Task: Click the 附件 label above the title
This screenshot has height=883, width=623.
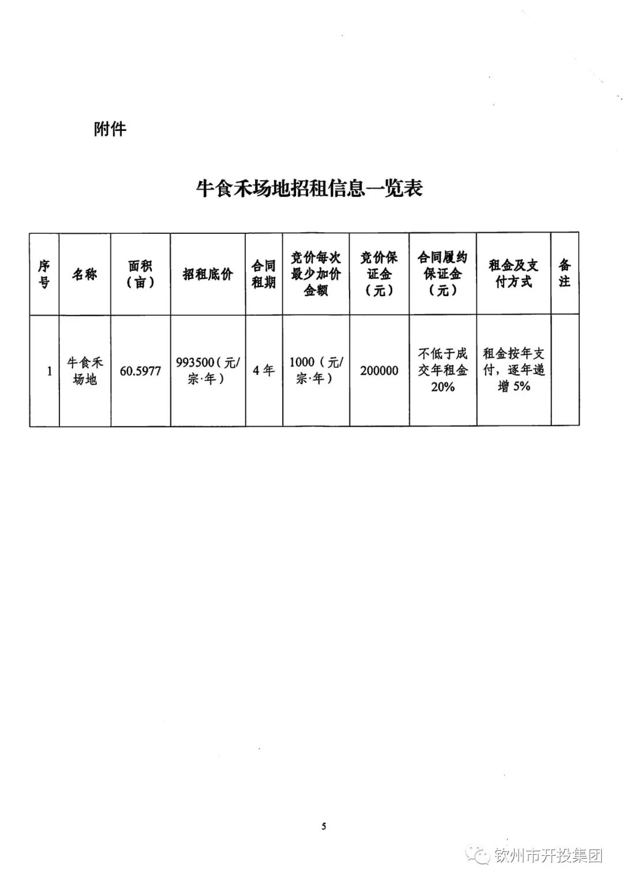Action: [110, 129]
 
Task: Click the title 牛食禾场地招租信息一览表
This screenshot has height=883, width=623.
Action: [310, 188]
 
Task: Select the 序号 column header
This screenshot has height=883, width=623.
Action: [44, 274]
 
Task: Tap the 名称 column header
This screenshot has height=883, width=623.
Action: [85, 274]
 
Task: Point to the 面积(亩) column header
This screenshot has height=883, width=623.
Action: [140, 274]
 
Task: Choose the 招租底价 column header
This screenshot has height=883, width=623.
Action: [208, 274]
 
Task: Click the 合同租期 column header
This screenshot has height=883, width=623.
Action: [264, 274]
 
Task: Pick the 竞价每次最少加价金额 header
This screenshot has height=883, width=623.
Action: [316, 274]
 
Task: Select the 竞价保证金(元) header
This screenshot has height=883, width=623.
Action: [379, 274]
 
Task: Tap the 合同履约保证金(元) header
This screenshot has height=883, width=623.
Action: [442, 274]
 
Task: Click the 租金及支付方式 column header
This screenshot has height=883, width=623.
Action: [513, 274]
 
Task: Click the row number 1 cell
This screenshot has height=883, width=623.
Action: [49, 371]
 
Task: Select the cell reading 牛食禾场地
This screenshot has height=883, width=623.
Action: [85, 371]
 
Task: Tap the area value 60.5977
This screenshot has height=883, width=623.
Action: [140, 371]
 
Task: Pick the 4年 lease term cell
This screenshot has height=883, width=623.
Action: [264, 371]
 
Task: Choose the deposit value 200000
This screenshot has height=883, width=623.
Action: [379, 371]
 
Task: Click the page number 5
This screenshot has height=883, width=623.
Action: [324, 826]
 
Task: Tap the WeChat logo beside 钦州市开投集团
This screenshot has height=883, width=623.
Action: [481, 855]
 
